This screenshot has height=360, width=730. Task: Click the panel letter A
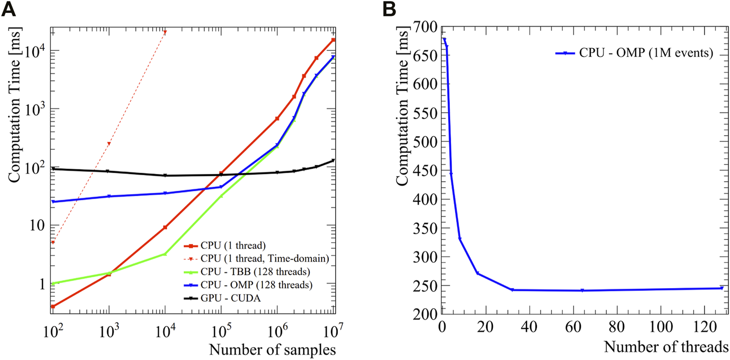[x=8, y=9]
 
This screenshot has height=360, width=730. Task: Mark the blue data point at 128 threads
[x=721, y=288]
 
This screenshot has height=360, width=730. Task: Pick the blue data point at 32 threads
[x=512, y=290]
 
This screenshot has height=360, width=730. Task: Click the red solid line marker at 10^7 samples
[x=333, y=40]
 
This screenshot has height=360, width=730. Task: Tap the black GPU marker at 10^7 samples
[x=333, y=160]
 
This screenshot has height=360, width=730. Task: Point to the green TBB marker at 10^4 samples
[x=165, y=254]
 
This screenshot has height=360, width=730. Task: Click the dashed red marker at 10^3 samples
[x=109, y=144]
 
